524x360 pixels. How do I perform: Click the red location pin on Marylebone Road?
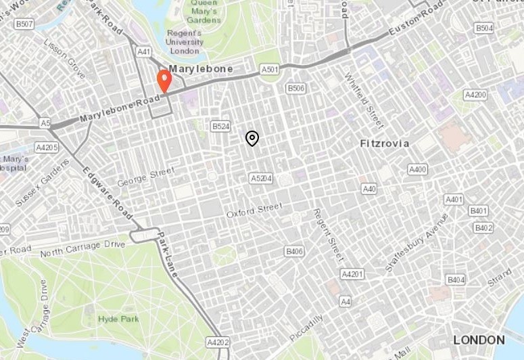click(x=164, y=81)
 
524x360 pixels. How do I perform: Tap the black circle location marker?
click(x=252, y=138)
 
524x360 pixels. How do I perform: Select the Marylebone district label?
click(x=201, y=69)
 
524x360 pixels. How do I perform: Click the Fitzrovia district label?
click(x=385, y=143)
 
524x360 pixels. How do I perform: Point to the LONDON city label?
click(x=479, y=340)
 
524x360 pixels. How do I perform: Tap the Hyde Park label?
click(x=118, y=319)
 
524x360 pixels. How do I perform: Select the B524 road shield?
click(x=220, y=127)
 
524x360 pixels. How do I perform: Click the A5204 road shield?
click(x=261, y=179)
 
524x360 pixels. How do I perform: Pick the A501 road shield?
click(x=270, y=70)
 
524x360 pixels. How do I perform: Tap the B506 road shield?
click(x=296, y=88)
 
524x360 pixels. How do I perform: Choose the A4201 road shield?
click(x=352, y=274)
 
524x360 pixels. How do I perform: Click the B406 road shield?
click(x=294, y=252)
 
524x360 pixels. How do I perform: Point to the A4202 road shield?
click(x=218, y=342)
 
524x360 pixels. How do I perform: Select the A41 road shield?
click(x=143, y=51)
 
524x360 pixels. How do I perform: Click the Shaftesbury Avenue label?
click(x=416, y=243)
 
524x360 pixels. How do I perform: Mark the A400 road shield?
click(x=418, y=169)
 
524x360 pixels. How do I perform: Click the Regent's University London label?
click(x=185, y=42)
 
